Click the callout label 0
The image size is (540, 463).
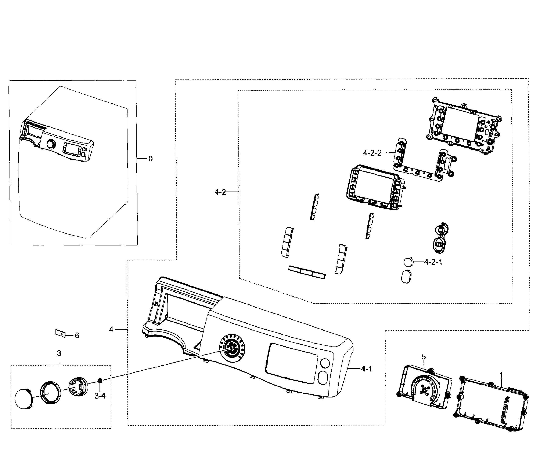[150, 159]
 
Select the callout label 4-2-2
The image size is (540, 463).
[372, 153]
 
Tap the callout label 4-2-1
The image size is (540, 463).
[433, 262]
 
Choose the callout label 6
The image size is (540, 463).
[77, 336]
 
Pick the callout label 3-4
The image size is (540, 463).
[100, 396]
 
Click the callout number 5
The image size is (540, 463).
[424, 357]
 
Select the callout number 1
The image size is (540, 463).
[501, 375]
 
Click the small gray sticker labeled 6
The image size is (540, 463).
[60, 333]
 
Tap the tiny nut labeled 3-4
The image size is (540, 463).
[100, 381]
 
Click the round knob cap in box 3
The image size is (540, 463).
[24, 400]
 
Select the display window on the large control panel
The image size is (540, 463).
[291, 364]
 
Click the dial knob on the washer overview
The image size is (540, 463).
[51, 144]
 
